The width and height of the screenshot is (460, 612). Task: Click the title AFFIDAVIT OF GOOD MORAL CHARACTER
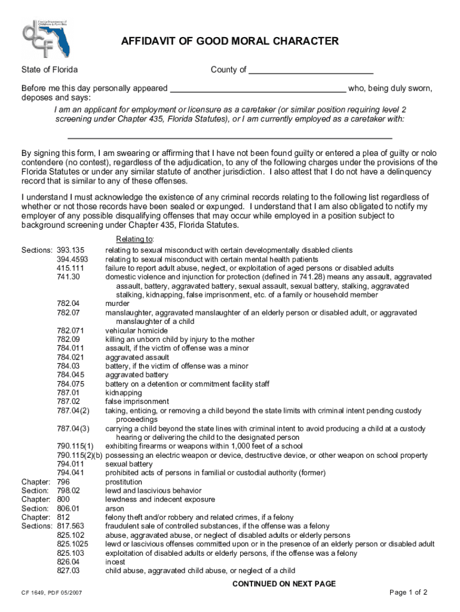pyautogui.click(x=230, y=41)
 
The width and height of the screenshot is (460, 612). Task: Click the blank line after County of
pyautogui.click(x=311, y=71)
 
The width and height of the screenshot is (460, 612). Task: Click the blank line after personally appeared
pyautogui.click(x=258, y=89)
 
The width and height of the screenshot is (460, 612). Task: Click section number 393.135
pyautogui.click(x=70, y=250)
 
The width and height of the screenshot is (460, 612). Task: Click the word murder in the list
pyautogui.click(x=118, y=304)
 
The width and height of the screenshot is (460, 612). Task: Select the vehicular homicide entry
pyautogui.click(x=137, y=331)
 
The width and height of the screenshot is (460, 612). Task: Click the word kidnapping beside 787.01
pyautogui.click(x=124, y=393)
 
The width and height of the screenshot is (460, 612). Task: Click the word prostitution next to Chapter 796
pyautogui.click(x=124, y=482)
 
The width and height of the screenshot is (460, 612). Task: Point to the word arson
pyautogui.click(x=115, y=509)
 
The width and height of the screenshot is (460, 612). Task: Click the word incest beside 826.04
pyautogui.click(x=115, y=562)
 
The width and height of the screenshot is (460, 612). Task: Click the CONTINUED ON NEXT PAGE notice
pyautogui.click(x=284, y=584)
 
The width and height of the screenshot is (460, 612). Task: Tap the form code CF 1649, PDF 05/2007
pyautogui.click(x=53, y=593)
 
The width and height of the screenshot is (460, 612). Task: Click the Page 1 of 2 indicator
pyautogui.click(x=408, y=593)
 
